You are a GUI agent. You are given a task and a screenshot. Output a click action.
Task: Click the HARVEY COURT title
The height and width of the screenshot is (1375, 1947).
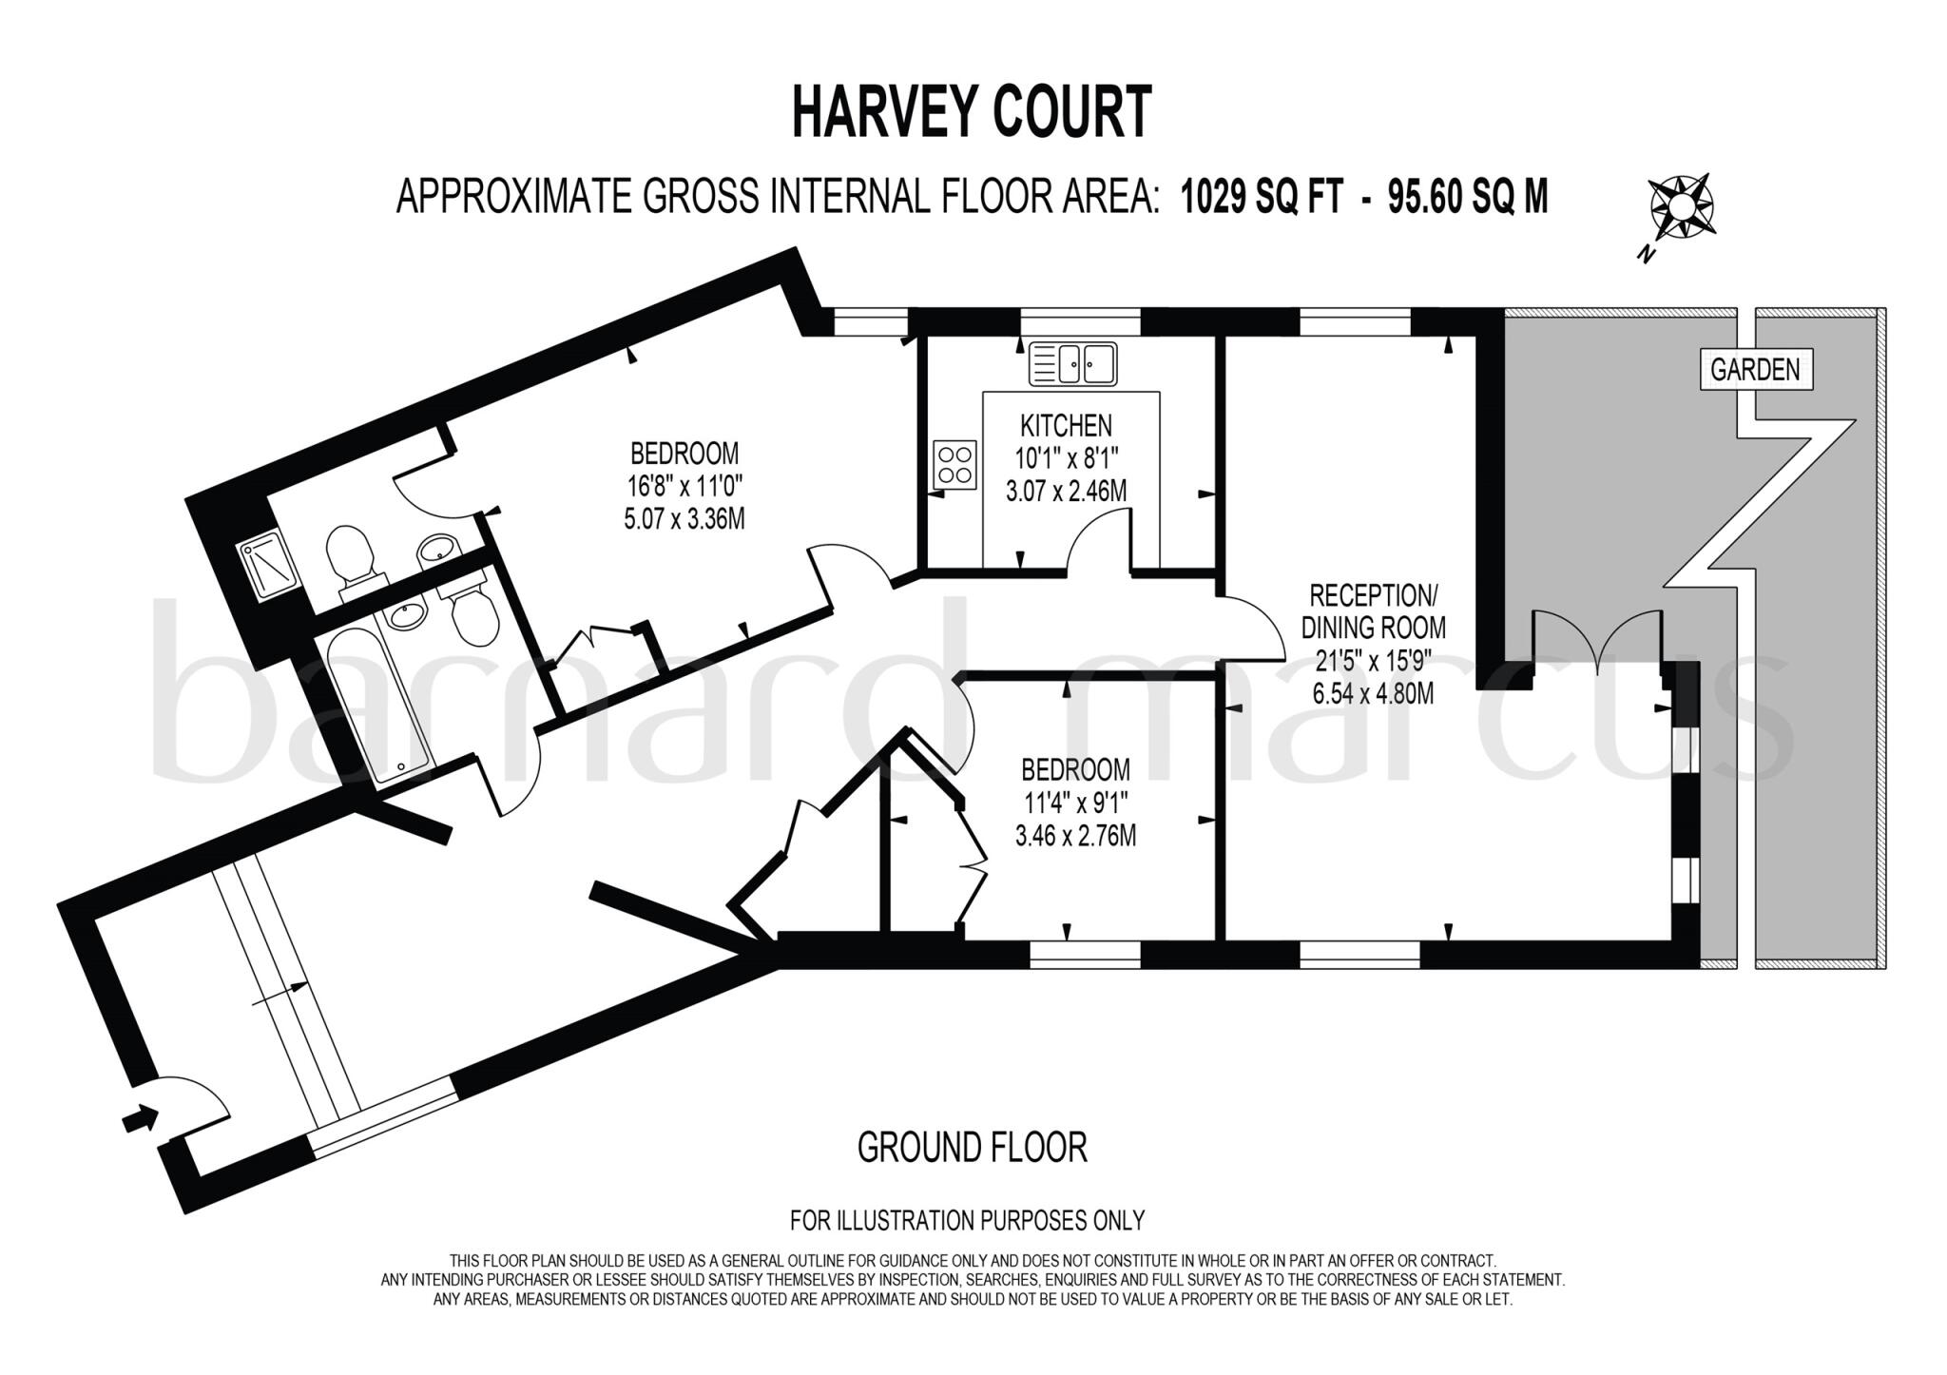[972, 112]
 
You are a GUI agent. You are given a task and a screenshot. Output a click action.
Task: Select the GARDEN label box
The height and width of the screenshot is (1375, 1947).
[1755, 369]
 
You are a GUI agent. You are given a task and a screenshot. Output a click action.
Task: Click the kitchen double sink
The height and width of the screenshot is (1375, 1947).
[1073, 363]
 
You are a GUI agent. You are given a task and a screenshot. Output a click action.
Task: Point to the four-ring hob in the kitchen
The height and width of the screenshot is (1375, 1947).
[954, 464]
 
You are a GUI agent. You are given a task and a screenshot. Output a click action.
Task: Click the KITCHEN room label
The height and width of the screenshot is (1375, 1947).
[1066, 424]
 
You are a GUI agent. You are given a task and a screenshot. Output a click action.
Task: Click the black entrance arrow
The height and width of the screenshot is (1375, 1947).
[141, 1117]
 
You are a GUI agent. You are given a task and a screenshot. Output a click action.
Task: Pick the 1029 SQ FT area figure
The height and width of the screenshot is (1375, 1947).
[1262, 198]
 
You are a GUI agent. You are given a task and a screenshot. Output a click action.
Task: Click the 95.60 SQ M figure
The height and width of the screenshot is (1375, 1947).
[1468, 198]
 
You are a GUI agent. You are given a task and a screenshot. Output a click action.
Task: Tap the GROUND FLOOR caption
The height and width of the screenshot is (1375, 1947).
[972, 1148]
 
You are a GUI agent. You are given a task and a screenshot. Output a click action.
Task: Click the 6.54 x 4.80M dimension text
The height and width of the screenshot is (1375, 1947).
[1373, 694]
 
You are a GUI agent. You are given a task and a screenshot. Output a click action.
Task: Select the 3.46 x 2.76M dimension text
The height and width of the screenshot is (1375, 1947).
[1075, 836]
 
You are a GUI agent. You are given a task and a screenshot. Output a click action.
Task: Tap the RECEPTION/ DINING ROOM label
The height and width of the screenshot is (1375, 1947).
[1373, 611]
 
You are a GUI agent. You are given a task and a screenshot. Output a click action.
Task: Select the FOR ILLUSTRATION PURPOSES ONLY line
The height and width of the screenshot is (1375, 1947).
[967, 1220]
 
